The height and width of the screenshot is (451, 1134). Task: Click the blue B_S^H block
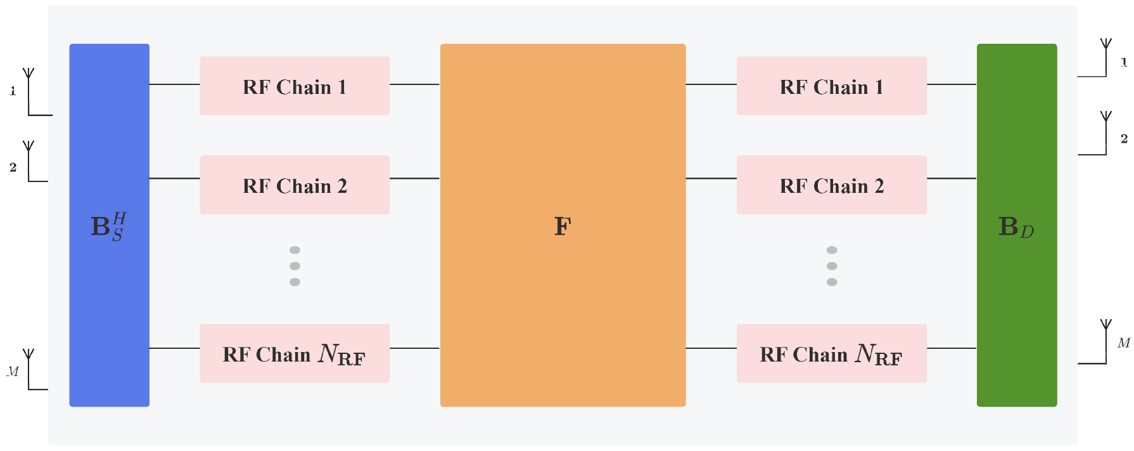point(109,225)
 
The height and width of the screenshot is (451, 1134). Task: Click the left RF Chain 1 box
point(295,86)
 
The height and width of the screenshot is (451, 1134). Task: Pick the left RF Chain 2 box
point(295,185)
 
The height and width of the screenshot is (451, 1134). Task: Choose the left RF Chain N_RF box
point(295,354)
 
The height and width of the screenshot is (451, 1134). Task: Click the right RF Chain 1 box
point(831,86)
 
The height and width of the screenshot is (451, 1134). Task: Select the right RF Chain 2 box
point(831,185)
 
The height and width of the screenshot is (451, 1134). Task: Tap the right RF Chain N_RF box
point(831,354)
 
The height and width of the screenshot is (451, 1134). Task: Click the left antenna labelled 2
point(29,161)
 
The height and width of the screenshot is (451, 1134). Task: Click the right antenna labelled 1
point(1105,58)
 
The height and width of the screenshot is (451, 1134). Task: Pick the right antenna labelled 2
point(1105,133)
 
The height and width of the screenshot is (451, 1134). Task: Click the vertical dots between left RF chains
point(295,266)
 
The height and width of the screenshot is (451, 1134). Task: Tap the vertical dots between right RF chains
point(832,266)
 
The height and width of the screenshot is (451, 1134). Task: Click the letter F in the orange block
point(563,226)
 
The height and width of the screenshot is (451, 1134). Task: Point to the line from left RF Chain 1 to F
point(414,84)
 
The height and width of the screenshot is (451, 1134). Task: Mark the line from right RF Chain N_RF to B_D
point(952,348)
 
